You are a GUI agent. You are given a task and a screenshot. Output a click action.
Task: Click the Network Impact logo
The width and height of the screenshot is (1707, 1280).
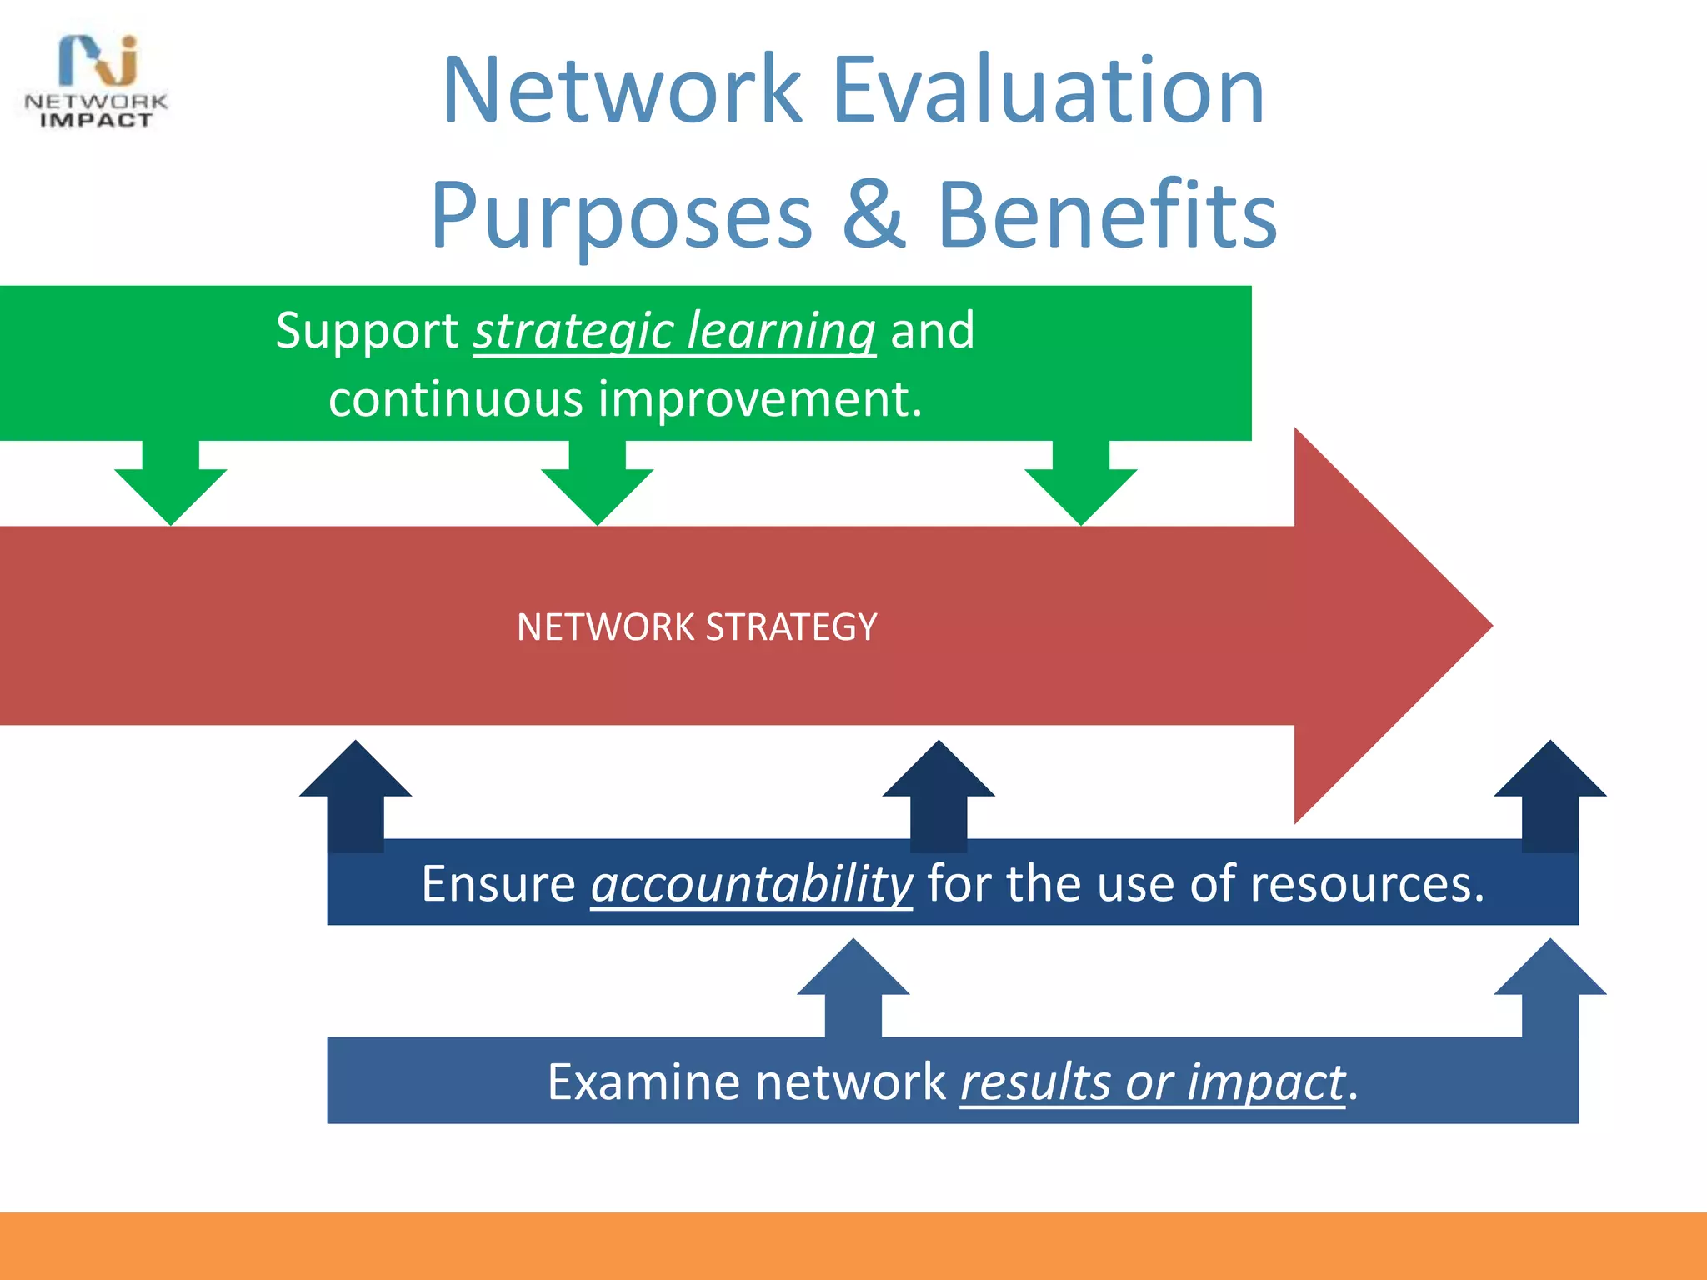click(x=96, y=82)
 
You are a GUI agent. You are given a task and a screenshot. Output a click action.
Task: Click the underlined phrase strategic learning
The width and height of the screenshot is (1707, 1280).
click(x=674, y=331)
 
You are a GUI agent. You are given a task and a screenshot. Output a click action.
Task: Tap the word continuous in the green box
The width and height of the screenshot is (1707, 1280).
click(x=455, y=399)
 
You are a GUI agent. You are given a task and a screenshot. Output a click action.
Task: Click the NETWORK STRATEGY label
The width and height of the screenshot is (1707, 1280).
click(x=697, y=627)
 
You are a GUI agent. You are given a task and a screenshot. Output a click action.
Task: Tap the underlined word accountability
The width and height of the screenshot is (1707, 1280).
click(x=752, y=884)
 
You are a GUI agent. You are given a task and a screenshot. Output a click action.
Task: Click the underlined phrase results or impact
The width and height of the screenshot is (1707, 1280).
click(x=1153, y=1082)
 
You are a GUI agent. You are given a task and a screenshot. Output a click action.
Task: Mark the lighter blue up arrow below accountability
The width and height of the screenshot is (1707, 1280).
click(x=853, y=987)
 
